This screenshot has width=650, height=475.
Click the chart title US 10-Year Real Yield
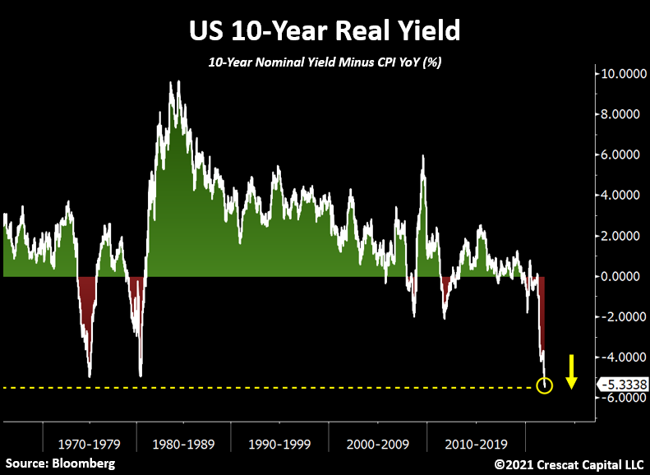coord(324,30)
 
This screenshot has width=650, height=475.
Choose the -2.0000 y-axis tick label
coord(619,317)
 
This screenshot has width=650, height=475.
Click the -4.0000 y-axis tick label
coord(619,357)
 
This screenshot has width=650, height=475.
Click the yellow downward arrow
coord(573,371)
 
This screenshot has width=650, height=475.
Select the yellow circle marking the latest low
coord(543,385)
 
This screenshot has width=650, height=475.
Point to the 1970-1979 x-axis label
coord(90,445)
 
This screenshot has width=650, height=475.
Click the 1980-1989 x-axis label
coord(184,445)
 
